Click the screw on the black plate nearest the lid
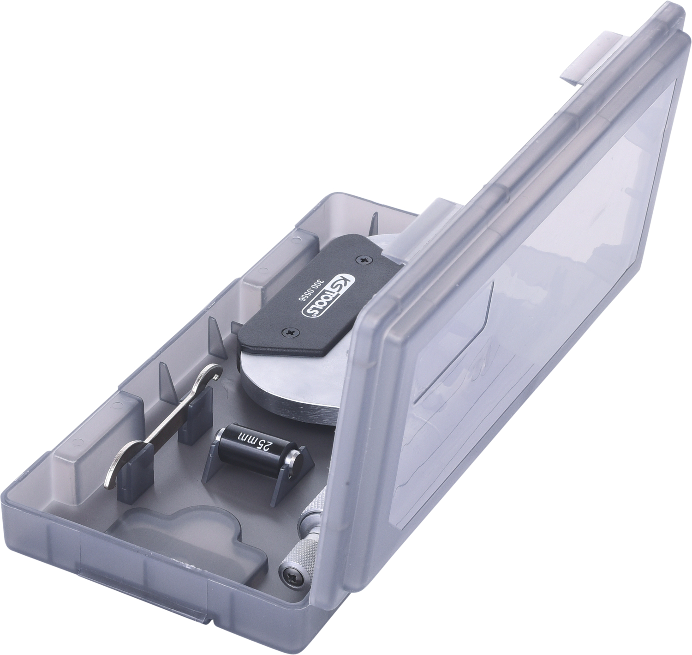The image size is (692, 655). (363, 260)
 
